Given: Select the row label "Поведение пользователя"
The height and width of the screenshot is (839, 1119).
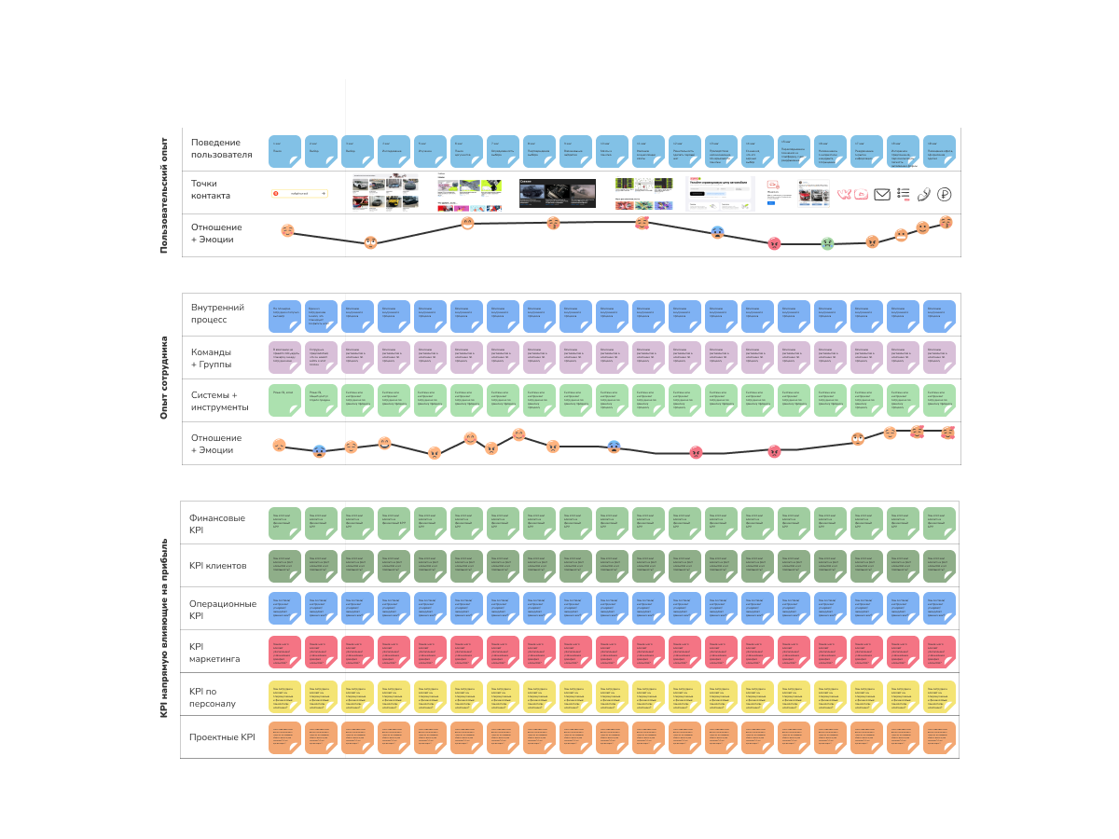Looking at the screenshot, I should [215, 148].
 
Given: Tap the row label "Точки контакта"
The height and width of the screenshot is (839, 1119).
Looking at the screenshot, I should [211, 190].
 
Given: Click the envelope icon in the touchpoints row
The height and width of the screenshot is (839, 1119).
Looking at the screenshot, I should [881, 194].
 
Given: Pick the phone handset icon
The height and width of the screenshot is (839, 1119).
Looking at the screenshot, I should [924, 194].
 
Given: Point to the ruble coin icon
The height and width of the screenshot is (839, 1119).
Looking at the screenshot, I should [945, 194].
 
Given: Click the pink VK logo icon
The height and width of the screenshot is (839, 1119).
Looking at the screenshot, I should [844, 194].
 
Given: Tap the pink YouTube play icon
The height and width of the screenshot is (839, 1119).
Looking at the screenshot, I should [861, 194].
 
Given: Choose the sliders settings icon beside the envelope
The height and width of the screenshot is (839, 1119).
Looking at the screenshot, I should [903, 194].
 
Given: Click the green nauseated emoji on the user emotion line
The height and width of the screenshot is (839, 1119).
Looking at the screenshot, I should [827, 243].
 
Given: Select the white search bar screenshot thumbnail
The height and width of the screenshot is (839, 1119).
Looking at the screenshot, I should [300, 192].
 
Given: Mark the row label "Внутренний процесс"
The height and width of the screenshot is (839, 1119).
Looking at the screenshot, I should [217, 313].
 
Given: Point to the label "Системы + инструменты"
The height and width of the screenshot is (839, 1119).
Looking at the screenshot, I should [219, 401].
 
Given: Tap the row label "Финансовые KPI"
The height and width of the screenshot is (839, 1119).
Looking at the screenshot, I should [217, 524].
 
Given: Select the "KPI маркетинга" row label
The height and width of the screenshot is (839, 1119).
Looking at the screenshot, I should [214, 653].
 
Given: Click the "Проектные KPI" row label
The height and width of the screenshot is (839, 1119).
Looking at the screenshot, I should [222, 737].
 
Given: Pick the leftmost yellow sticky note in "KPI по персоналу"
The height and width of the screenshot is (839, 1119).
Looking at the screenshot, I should [284, 695].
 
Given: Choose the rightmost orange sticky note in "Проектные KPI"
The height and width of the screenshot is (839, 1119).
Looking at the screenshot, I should [939, 737].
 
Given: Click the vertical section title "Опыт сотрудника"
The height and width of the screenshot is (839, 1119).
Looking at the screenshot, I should [163, 378].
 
